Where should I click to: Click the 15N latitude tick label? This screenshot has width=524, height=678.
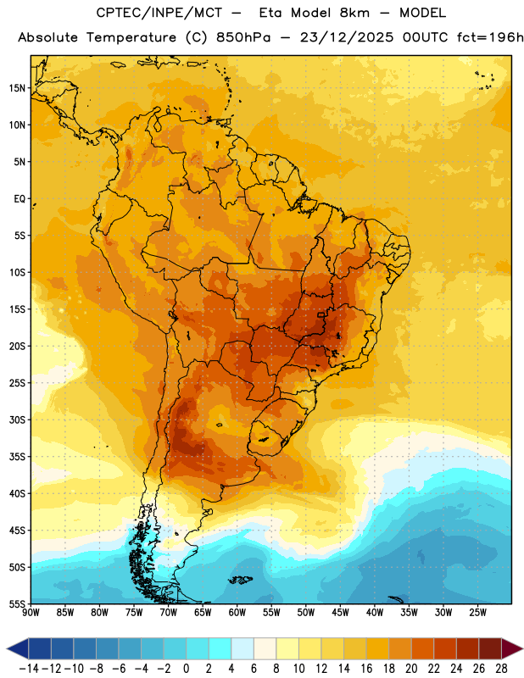tap(17, 88)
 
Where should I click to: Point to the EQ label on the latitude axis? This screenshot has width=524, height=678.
tap(20, 199)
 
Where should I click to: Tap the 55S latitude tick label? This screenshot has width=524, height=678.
tap(17, 604)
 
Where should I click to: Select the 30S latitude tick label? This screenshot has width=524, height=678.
tap(17, 420)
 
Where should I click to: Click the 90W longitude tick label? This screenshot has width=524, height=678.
tap(31, 613)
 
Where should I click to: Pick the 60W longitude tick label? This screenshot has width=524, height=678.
tap(237, 613)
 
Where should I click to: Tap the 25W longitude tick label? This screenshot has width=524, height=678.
tap(477, 613)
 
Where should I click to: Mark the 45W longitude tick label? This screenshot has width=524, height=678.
tap(340, 613)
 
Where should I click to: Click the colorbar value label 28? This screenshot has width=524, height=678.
tap(501, 669)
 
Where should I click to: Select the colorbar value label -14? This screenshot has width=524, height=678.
tap(29, 669)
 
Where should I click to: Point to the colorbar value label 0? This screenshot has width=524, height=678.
tap(186, 669)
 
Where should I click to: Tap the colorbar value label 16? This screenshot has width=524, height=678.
tap(366, 669)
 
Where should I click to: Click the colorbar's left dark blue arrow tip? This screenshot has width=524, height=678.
tap(7, 648)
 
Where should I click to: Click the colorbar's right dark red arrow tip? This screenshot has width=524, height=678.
tap(522, 648)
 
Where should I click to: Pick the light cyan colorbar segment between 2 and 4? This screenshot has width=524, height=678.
tap(220, 648)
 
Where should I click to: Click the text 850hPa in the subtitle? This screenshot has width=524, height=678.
tap(243, 37)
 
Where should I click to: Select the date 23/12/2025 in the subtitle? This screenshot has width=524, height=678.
tap(347, 37)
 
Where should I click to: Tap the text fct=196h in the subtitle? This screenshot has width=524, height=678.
tap(490, 37)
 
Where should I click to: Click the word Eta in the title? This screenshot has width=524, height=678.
tap(270, 13)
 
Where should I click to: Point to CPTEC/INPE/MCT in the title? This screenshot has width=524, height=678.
tap(159, 13)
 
